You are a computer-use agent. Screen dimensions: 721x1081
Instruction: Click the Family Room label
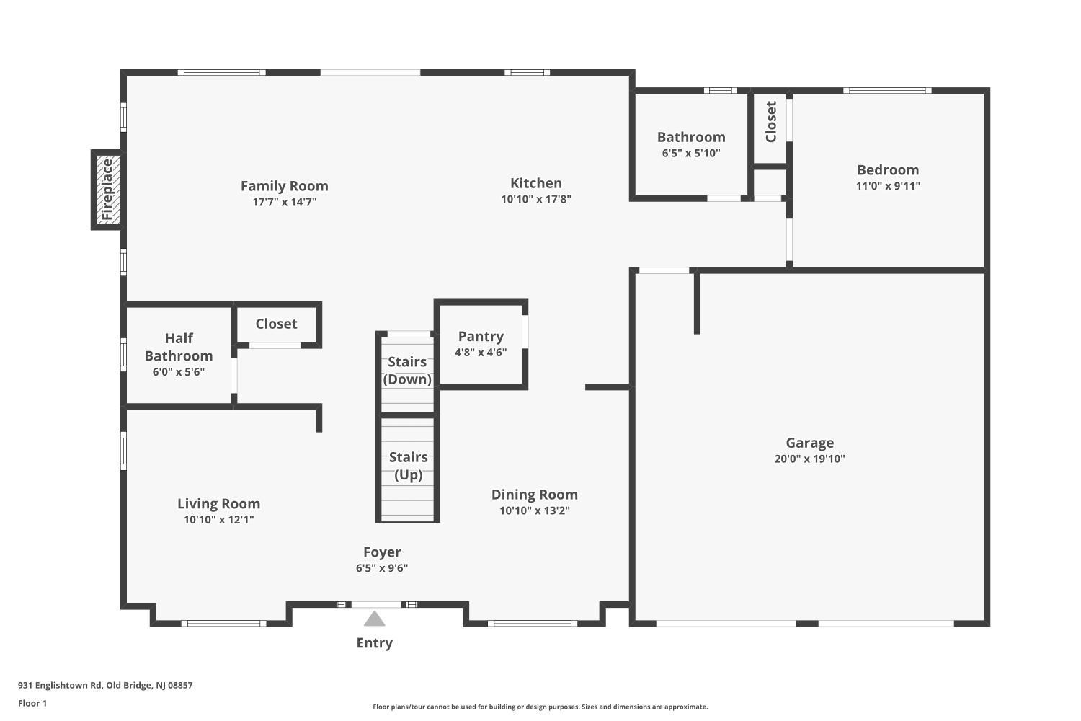[284, 186]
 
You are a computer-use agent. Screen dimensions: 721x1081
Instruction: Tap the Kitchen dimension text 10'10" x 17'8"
[535, 199]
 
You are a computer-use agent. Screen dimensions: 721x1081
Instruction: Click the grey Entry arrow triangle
[374, 619]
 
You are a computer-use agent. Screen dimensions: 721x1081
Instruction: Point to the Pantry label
[481, 336]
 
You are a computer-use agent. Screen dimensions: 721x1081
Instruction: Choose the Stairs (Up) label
[408, 466]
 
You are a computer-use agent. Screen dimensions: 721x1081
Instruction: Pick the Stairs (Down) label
[407, 371]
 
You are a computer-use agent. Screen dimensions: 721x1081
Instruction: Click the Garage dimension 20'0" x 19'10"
[809, 459]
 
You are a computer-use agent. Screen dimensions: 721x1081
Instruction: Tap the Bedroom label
[888, 170]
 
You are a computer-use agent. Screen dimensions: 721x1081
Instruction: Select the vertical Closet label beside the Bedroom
[770, 122]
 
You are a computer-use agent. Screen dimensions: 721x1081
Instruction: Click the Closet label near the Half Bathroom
[276, 324]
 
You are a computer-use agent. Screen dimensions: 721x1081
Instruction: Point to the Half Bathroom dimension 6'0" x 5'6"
[178, 372]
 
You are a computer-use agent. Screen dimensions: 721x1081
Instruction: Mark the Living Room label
[218, 504]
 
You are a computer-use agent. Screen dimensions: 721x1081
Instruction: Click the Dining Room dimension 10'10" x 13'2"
[534, 510]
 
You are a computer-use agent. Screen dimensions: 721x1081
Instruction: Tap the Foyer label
[382, 552]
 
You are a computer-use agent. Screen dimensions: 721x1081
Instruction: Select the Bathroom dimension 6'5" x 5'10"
[690, 153]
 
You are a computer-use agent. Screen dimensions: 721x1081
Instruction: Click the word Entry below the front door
[374, 643]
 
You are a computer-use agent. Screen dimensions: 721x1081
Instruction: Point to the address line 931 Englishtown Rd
[105, 686]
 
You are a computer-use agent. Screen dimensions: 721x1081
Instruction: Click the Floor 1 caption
[32, 703]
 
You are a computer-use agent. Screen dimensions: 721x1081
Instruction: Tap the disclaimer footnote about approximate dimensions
[540, 707]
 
